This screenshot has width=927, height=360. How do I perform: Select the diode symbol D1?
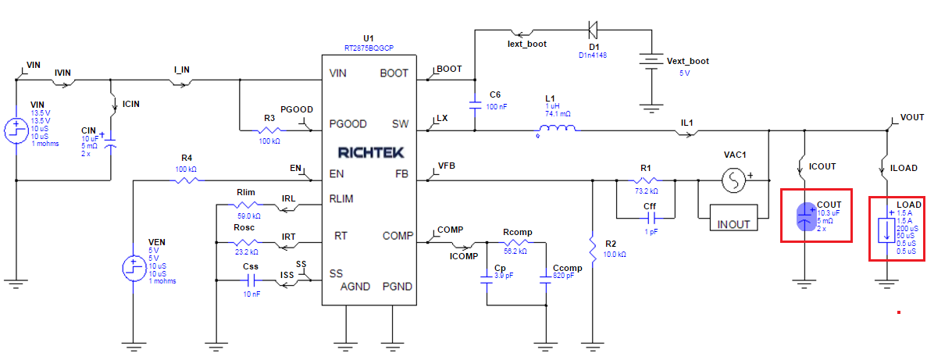point(593,30)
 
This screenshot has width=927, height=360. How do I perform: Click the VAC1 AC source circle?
point(733,181)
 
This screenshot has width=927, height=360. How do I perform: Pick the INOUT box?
point(733,224)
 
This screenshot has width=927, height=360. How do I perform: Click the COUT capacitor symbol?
point(804,216)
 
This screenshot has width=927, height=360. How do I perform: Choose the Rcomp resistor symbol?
point(517,243)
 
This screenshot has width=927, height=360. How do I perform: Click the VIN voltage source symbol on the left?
point(16,130)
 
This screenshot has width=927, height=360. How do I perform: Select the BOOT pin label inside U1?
point(394,73)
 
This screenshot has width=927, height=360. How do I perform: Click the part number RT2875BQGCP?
point(369,48)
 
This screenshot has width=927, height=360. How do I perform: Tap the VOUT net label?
point(912,117)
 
